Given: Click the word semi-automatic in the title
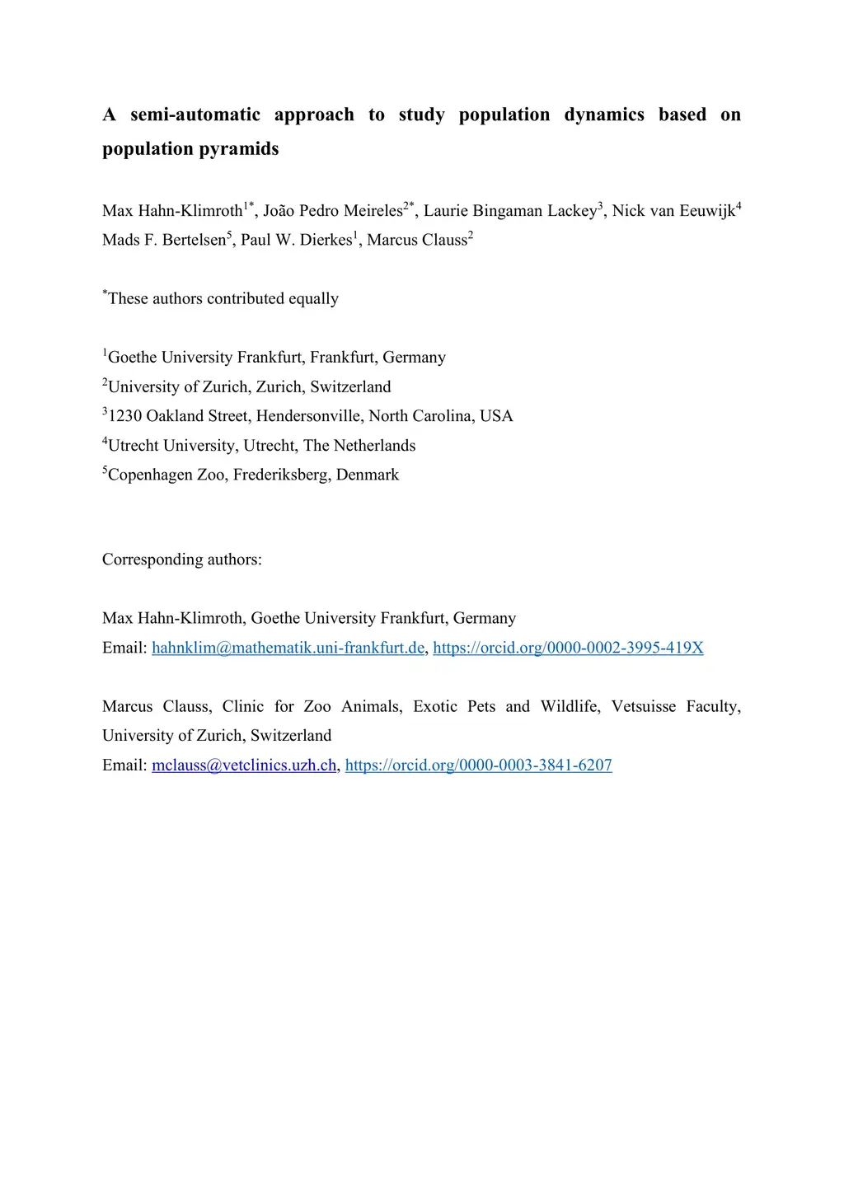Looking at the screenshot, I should click(195, 115).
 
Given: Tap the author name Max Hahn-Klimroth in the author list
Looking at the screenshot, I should click(172, 211).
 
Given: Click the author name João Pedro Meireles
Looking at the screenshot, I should click(333, 211).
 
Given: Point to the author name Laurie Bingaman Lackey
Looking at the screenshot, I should click(510, 211).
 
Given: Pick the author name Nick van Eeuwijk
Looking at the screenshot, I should click(673, 211).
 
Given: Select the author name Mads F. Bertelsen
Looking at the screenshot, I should click(164, 240).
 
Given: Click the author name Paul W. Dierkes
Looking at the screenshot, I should click(296, 240).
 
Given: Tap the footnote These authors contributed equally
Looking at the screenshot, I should click(223, 298).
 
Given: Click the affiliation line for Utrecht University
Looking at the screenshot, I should click(261, 446).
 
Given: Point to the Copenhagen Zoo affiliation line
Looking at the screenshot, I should click(253, 475).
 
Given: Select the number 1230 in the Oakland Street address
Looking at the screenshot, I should click(125, 416).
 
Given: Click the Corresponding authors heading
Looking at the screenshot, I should click(182, 560).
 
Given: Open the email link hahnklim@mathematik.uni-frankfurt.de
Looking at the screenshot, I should click(288, 648).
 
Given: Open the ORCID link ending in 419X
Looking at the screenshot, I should click(568, 648).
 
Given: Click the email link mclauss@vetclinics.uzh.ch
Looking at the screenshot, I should click(244, 766).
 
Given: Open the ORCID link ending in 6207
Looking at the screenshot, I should click(478, 766).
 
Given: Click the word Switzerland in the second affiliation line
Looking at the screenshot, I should click(350, 387).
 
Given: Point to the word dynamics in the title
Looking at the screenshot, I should click(604, 115).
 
